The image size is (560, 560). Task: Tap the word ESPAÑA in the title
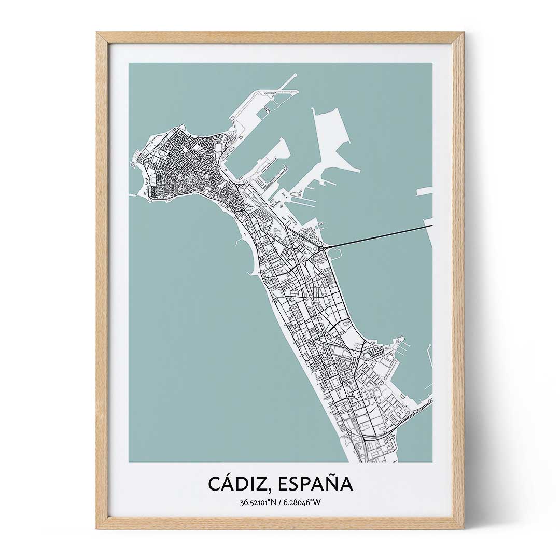pos(315,483)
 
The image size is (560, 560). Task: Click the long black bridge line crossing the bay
pos(379,236)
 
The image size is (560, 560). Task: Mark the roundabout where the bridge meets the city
pos(323,249)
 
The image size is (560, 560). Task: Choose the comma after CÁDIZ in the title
pos(272,490)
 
